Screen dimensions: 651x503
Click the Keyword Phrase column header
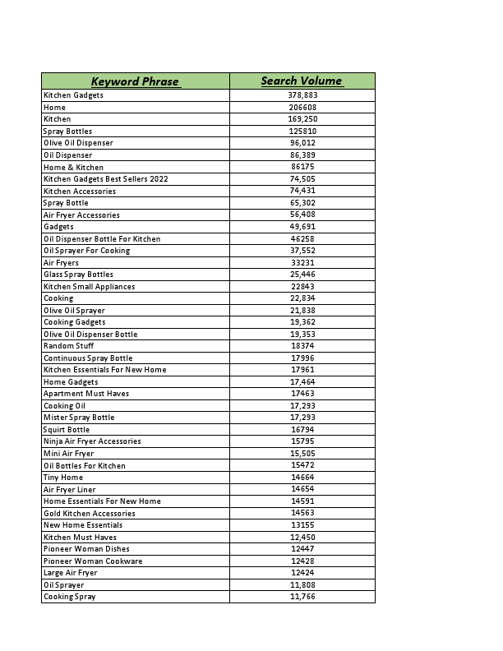pos(135,81)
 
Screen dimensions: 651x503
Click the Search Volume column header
pos(302,81)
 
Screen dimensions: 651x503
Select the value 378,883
pos(302,95)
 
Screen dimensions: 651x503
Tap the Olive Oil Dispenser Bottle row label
pos(90,335)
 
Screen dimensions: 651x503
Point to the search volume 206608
pos(302,108)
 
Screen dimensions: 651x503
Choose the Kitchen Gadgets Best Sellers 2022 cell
pos(105,179)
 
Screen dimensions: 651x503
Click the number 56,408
pos(302,215)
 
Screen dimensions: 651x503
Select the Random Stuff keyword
pos(68,346)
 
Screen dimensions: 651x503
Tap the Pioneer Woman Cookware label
pos(93,561)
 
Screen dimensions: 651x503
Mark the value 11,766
pos(302,597)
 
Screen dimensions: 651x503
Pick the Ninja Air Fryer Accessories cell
pos(92,441)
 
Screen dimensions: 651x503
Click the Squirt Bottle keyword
pos(67,430)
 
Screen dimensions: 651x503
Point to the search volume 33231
pos(302,263)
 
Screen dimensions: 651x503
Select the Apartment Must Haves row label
pos(86,394)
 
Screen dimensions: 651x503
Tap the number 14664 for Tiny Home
pos(302,478)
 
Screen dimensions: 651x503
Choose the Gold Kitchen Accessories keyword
pos(90,514)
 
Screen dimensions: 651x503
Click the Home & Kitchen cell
pos(73,168)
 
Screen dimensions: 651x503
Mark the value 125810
pos(302,132)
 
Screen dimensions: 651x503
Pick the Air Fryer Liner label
pos(71,490)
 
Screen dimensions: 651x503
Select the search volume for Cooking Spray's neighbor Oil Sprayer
pos(302,585)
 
